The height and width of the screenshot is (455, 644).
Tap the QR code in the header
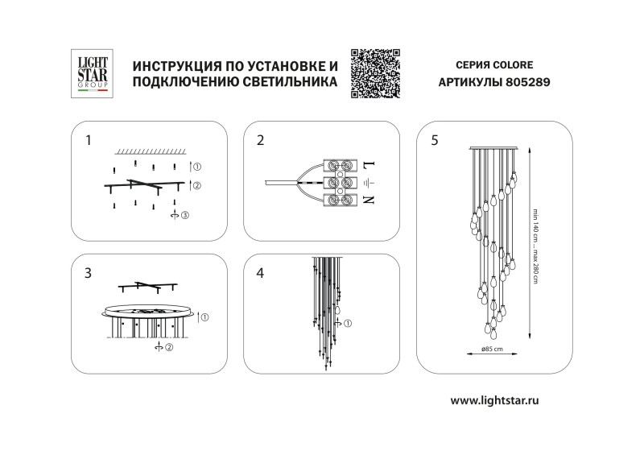click(x=375, y=73)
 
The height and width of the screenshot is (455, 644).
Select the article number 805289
click(x=528, y=83)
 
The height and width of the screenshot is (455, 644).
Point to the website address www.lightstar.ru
click(x=494, y=400)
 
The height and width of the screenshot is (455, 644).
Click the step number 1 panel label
click(x=88, y=140)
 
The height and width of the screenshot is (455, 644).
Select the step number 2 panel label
click(x=260, y=140)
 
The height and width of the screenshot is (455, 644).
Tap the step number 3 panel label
click(x=88, y=273)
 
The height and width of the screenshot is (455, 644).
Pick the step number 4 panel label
click(x=260, y=273)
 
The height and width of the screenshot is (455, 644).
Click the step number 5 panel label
click(x=435, y=140)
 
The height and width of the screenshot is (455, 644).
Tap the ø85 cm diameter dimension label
click(x=492, y=350)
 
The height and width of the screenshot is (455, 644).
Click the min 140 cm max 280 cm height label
click(x=534, y=242)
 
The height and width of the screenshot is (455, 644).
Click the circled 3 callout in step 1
click(x=184, y=215)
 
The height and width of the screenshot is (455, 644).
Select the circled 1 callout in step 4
click(x=349, y=324)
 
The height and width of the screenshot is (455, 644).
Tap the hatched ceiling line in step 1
click(x=151, y=151)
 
